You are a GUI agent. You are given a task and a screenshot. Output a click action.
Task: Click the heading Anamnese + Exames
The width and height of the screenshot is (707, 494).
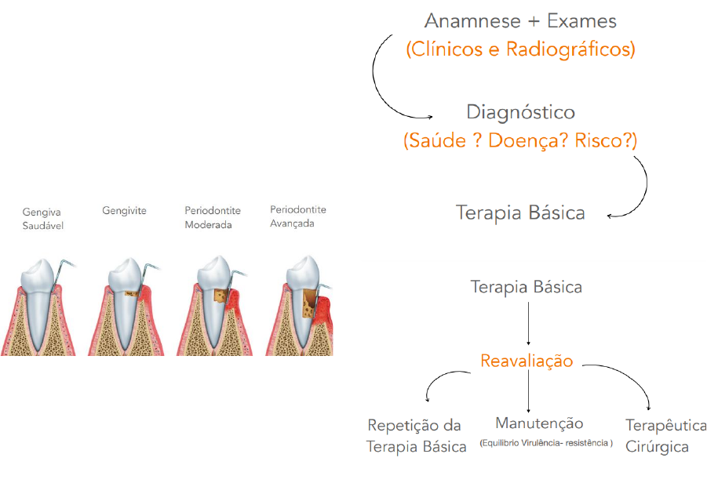click(520, 21)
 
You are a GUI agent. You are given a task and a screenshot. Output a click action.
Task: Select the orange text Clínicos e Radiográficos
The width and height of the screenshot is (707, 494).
click(520, 50)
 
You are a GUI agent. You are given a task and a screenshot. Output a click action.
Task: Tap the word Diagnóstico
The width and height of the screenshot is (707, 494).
click(520, 112)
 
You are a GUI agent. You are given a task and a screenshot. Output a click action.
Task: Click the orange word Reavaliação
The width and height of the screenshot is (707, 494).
click(527, 361)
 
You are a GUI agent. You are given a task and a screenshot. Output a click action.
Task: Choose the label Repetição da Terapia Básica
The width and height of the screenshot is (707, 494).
click(416, 436)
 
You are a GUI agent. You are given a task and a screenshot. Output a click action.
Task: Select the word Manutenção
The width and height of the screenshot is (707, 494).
click(539, 423)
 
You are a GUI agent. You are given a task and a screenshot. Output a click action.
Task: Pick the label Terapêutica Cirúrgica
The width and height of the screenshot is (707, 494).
click(665, 436)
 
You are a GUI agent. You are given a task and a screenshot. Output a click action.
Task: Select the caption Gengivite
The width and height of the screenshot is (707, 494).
click(124, 210)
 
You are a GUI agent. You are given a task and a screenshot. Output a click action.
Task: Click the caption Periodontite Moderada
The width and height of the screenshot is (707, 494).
click(213, 217)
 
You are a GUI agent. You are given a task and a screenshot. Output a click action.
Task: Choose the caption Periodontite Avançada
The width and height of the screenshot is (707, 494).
click(298, 216)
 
